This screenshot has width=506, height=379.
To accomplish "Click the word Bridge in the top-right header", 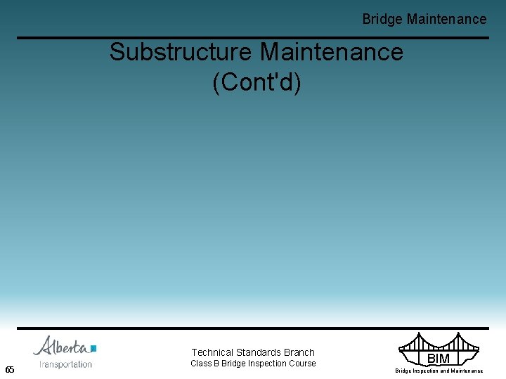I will click(x=382, y=20).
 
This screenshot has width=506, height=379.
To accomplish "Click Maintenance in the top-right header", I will click(x=446, y=20).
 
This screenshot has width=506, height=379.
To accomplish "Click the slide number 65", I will click(x=10, y=370).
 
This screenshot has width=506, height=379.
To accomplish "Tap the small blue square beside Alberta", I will click(x=93, y=348).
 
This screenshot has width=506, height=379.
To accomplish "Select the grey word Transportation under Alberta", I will click(x=66, y=364).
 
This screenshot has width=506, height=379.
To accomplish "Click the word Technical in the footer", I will click(x=212, y=352).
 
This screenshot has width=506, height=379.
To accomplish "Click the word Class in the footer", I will click(x=201, y=364).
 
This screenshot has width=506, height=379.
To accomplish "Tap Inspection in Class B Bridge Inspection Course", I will click(x=267, y=364).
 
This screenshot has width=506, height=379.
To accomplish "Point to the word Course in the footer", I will click(x=303, y=364).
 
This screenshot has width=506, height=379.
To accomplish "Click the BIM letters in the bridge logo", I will click(x=438, y=359).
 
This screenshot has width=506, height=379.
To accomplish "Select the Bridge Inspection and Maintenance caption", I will click(x=439, y=371).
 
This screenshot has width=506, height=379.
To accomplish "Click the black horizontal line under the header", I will click(x=253, y=38).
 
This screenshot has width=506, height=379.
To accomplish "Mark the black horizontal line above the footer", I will click(x=253, y=328).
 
